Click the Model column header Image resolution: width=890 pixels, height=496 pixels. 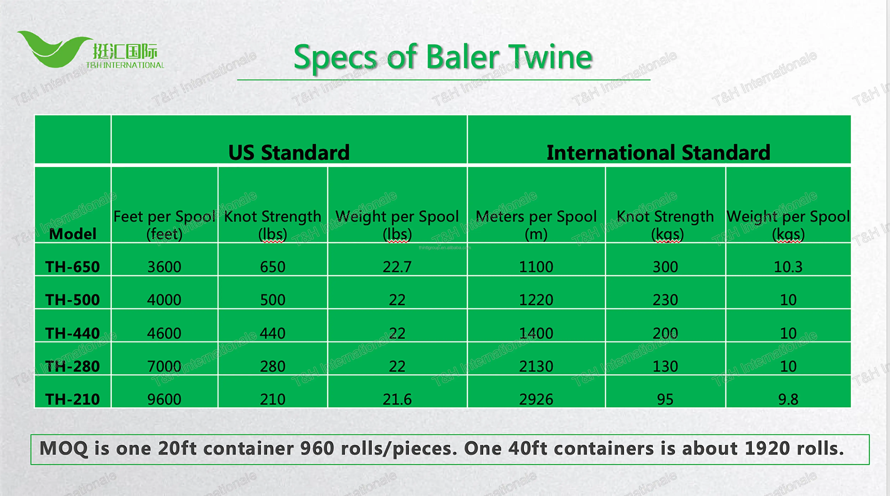tap(73, 234)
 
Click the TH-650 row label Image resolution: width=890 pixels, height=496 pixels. tap(73, 267)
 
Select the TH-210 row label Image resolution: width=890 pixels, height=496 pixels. tap(73, 399)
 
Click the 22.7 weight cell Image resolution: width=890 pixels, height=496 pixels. tap(397, 267)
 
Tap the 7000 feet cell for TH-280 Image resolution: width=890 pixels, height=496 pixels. tap(164, 366)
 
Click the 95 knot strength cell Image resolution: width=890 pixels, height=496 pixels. tap(665, 399)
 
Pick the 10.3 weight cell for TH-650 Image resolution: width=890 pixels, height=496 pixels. tap(788, 267)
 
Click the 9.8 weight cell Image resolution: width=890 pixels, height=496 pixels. tap(788, 399)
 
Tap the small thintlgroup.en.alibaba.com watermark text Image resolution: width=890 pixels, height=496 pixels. tap(445, 248)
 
